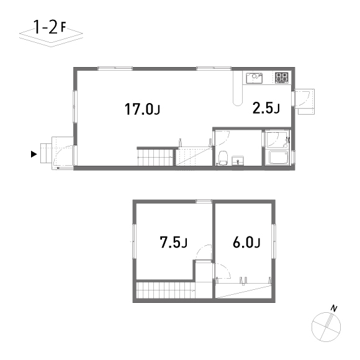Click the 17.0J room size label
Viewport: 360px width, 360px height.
click(142, 110)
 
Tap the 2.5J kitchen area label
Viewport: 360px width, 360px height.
click(266, 109)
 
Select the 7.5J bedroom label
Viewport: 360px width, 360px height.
click(173, 242)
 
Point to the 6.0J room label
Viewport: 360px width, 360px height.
click(246, 242)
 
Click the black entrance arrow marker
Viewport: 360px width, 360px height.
click(34, 153)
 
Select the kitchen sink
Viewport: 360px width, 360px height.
click(255, 78)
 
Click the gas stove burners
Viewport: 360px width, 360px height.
click(282, 78)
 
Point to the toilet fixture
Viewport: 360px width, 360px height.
click(222, 158)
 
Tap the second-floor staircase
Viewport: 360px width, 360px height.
click(164, 290)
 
